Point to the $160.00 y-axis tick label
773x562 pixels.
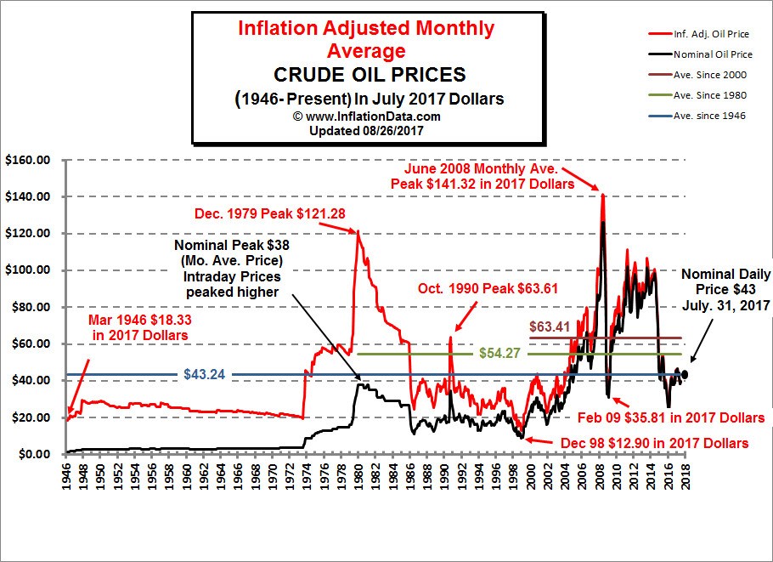click(x=29, y=160)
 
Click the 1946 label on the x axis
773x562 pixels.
click(x=65, y=474)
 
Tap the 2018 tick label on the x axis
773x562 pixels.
click(x=685, y=474)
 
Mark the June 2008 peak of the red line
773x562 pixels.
click(x=602, y=195)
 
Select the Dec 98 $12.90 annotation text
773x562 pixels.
click(x=653, y=443)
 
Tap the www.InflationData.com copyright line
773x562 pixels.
click(x=367, y=116)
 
